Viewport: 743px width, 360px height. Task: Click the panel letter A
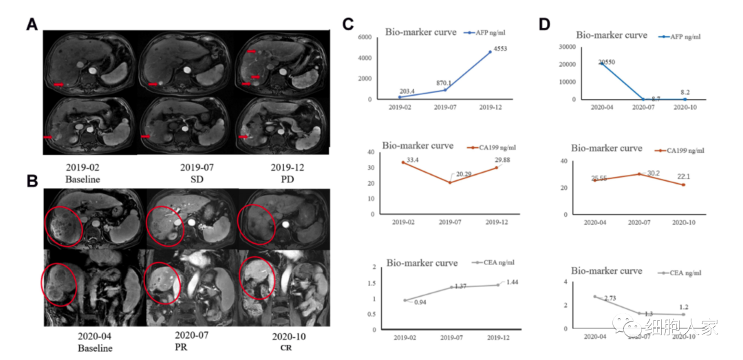32,24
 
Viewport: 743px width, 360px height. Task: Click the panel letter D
544,24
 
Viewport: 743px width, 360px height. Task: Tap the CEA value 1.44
512,283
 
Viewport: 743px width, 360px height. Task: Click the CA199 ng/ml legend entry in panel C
495,148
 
